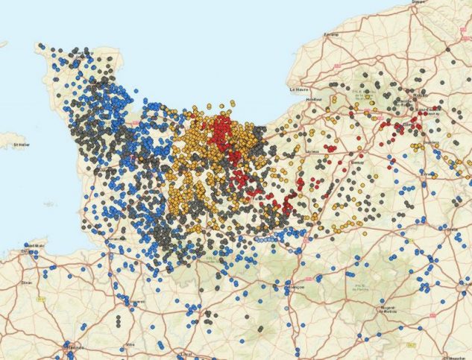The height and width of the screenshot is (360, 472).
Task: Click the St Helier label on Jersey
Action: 16,144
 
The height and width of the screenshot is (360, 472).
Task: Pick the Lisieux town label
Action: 312,151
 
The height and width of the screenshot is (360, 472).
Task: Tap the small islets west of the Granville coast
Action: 49,202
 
